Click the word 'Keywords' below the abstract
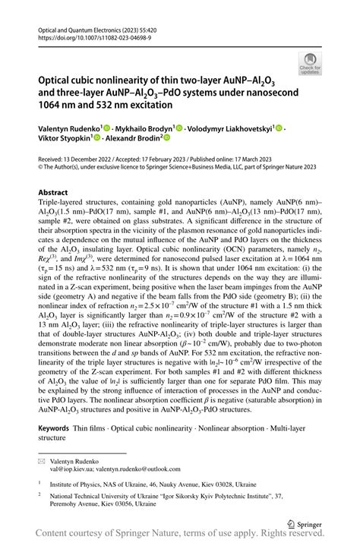click(x=58, y=430)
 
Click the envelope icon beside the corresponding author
click(x=43, y=461)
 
